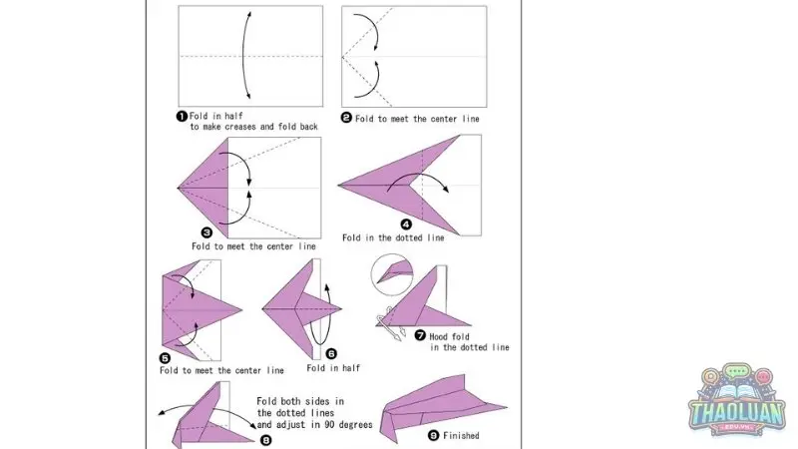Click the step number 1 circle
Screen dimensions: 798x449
click(182, 116)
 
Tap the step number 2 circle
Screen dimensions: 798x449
click(346, 118)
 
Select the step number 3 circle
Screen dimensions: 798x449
click(206, 232)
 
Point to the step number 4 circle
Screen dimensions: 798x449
click(406, 224)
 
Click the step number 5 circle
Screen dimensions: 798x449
click(165, 358)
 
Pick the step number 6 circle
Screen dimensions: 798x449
click(331, 354)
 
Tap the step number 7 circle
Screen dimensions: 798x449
click(420, 335)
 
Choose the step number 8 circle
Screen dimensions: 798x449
click(265, 440)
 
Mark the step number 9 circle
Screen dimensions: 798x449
click(433, 435)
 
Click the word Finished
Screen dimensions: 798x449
click(461, 436)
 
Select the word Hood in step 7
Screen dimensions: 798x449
click(438, 336)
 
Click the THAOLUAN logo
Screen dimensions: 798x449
click(736, 400)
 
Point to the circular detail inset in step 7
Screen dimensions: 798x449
click(392, 275)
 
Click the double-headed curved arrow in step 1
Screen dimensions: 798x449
click(243, 55)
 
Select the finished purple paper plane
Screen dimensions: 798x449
click(443, 407)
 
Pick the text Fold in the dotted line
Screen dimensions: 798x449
click(393, 237)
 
